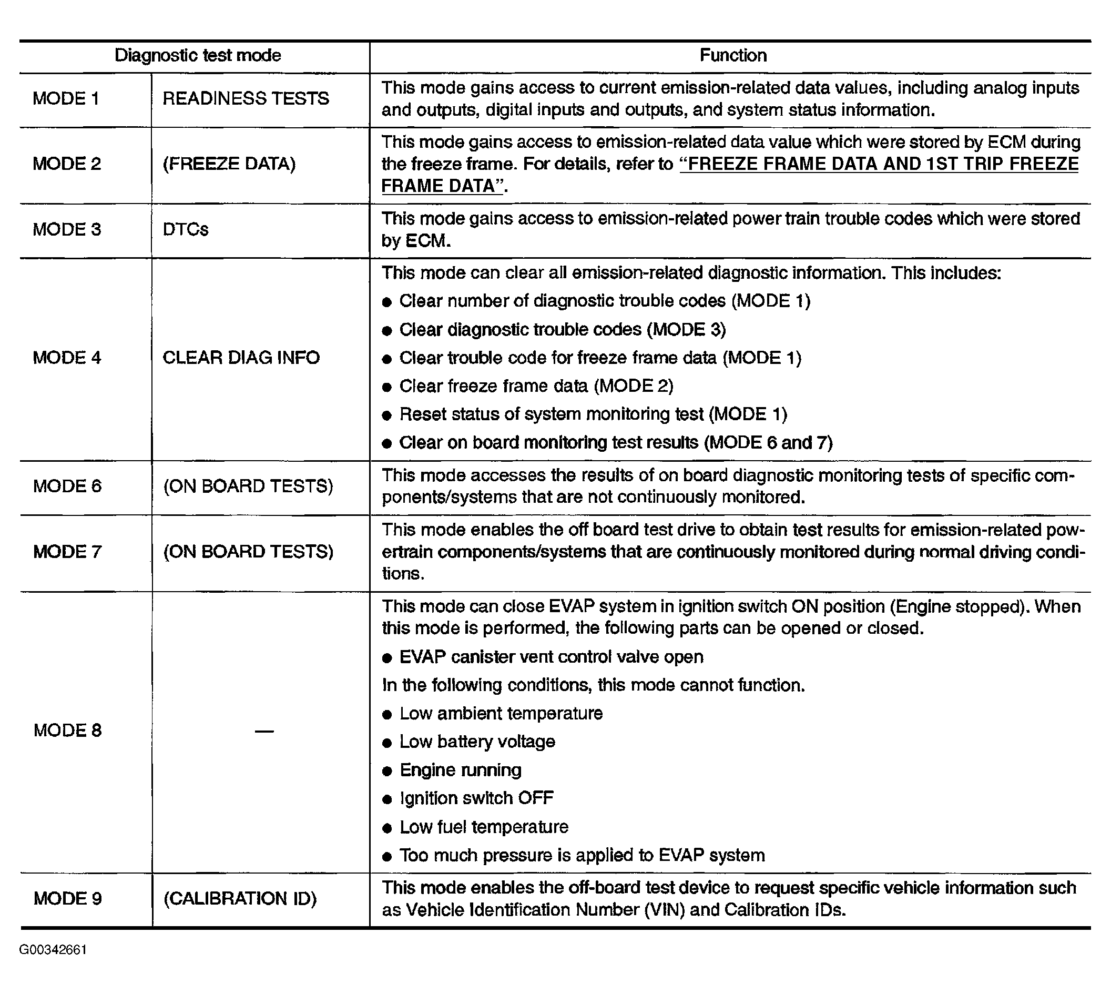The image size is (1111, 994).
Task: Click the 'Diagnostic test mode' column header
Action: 197,56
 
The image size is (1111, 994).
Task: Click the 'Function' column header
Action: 732,56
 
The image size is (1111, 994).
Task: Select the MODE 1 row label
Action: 66,99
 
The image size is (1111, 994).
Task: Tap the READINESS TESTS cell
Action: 246,99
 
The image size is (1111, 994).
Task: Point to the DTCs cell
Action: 186,229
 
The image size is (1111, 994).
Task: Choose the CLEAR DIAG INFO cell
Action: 241,358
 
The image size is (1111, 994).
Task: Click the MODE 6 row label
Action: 67,486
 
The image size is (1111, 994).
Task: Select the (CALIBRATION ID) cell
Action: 240,898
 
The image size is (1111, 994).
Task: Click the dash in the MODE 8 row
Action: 264,731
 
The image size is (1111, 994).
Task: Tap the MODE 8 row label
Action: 67,731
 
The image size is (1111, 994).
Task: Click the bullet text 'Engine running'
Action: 460,770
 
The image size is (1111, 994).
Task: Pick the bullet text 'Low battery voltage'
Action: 477,742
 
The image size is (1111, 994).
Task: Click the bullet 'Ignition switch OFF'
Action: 476,798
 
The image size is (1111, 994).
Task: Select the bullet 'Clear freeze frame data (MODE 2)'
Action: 536,386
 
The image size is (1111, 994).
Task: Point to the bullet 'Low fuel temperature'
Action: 484,827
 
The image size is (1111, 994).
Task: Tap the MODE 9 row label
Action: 67,898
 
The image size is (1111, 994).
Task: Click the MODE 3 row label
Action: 67,229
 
